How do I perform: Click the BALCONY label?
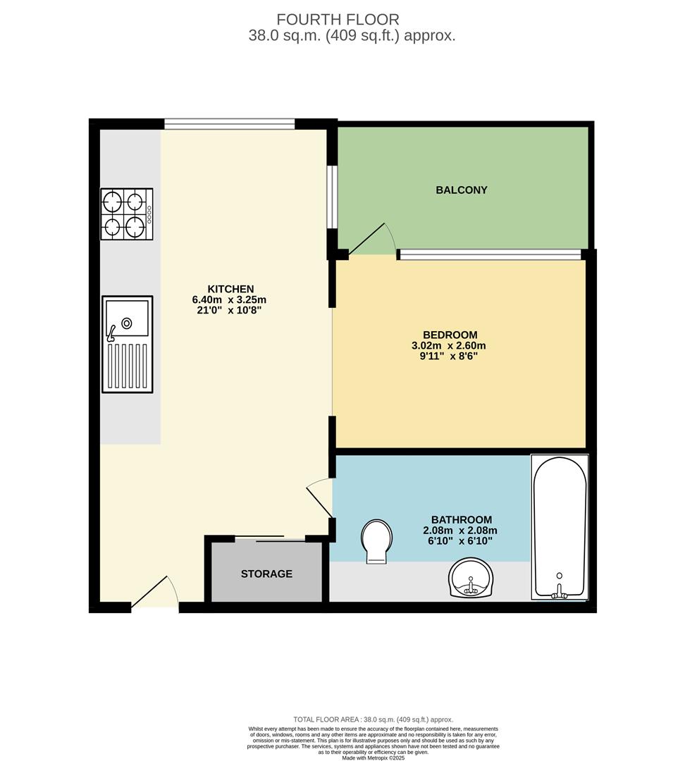(462, 190)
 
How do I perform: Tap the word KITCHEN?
(230, 289)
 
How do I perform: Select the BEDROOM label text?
(450, 335)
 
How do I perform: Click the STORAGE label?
(266, 574)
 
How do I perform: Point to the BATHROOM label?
(457, 520)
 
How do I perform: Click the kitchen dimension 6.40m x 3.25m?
(229, 299)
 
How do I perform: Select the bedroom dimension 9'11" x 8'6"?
(450, 357)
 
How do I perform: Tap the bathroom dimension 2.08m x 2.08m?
(459, 531)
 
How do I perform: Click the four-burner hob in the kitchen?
(127, 214)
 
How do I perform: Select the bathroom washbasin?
(471, 579)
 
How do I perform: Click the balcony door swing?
(370, 240)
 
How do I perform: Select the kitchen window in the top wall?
(229, 125)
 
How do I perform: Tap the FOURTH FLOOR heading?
(338, 20)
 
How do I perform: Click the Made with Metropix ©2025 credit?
(373, 757)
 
